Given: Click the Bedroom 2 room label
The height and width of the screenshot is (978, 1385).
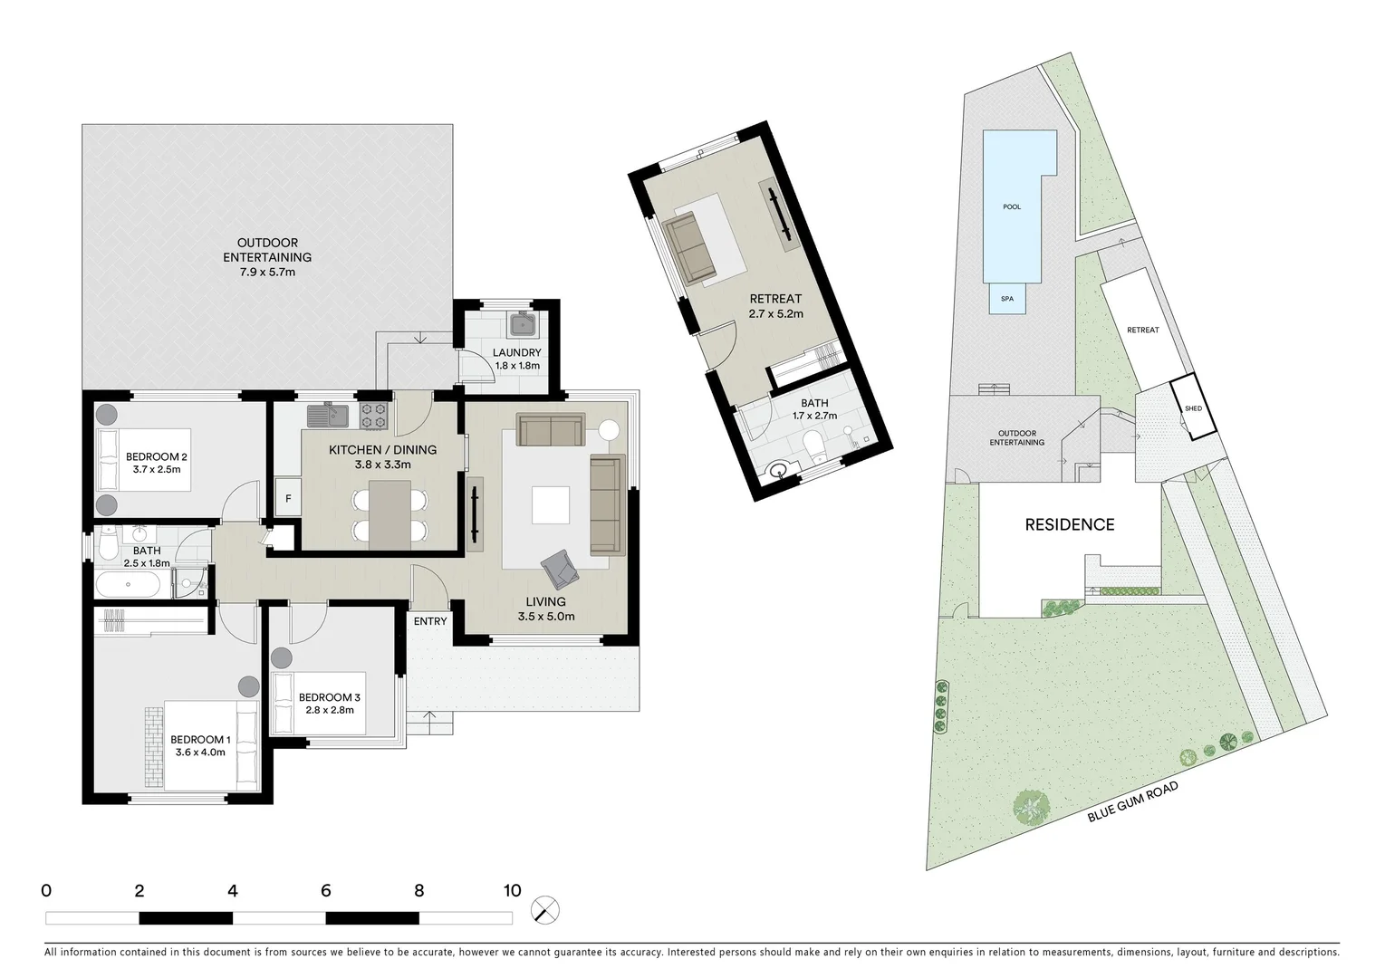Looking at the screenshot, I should click(x=156, y=456).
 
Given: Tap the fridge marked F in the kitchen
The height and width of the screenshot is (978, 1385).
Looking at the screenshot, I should click(x=288, y=498).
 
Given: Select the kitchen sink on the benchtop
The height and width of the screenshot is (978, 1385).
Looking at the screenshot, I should click(x=327, y=416).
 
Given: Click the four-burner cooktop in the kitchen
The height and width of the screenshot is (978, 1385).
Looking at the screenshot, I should click(x=374, y=416).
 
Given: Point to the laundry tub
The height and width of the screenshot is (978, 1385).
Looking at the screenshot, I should click(x=523, y=323).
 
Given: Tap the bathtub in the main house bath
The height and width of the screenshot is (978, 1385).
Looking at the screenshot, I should click(x=129, y=584).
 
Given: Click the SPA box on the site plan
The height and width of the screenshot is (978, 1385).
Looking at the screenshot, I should click(x=1007, y=299).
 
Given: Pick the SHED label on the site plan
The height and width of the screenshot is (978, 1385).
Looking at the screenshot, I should click(x=1193, y=408).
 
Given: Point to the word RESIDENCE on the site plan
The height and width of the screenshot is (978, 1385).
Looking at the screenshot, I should click(x=1069, y=524).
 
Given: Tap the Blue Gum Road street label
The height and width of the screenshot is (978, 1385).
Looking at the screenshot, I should click(x=1133, y=802).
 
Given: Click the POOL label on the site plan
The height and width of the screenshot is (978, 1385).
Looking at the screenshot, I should click(x=1012, y=206).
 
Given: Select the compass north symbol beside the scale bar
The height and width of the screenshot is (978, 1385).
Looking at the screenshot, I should click(x=545, y=909).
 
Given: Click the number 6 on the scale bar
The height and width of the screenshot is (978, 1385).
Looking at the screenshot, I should click(x=325, y=890).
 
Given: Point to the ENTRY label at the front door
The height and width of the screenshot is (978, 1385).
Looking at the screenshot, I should click(x=430, y=621).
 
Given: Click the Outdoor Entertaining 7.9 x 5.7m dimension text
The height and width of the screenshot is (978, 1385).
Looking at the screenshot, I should click(x=267, y=272).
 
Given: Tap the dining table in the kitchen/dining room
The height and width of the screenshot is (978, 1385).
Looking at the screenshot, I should click(x=390, y=513).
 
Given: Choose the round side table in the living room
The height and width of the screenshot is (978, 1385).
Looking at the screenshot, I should click(x=607, y=431).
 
